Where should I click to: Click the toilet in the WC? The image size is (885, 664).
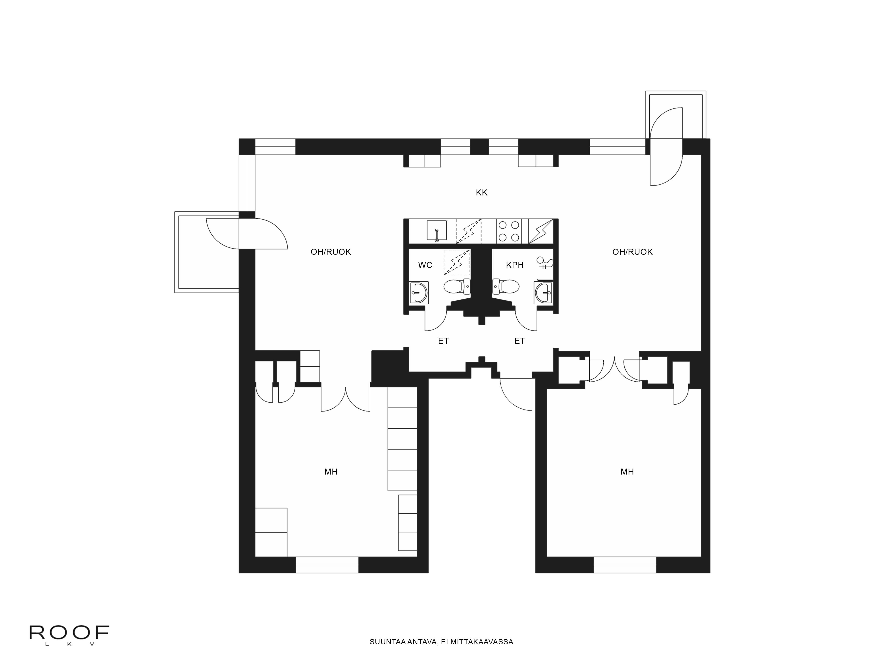(456, 287)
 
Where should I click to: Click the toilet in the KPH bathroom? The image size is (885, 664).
(506, 287)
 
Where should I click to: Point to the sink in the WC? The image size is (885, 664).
(419, 293)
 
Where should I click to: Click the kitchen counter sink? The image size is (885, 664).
(437, 231)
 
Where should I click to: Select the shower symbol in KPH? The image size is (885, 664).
(545, 263)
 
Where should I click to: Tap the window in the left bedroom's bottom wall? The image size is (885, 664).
(327, 565)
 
